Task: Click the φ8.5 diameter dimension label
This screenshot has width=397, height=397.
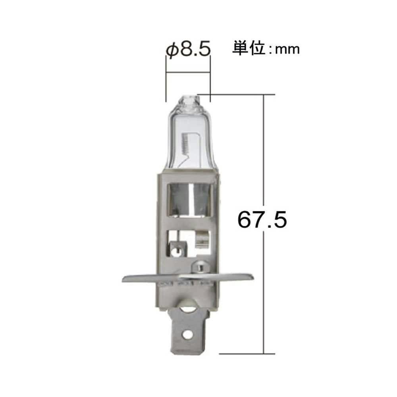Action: coord(187,50)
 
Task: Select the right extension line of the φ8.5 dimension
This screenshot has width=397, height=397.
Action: coord(209,83)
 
